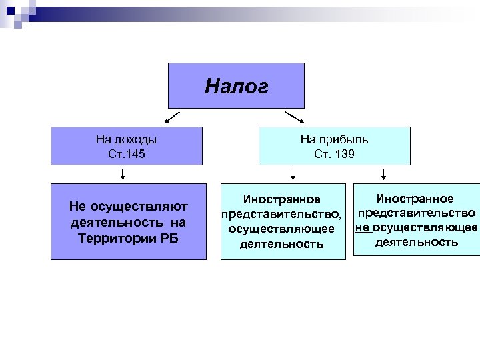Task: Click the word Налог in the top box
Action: (x=236, y=86)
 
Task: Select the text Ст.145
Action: (x=126, y=154)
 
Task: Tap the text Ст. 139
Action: (x=334, y=154)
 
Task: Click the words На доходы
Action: (x=126, y=140)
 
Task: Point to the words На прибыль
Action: (x=334, y=140)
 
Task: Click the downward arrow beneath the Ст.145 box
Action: (x=123, y=175)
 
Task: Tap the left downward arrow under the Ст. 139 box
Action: (x=293, y=175)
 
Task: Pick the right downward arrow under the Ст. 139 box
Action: (x=384, y=175)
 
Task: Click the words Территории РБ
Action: (x=126, y=238)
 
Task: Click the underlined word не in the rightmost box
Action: (x=363, y=227)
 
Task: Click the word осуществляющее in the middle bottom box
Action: (x=281, y=229)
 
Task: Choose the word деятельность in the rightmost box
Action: (x=417, y=242)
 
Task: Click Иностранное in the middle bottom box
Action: (x=281, y=199)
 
